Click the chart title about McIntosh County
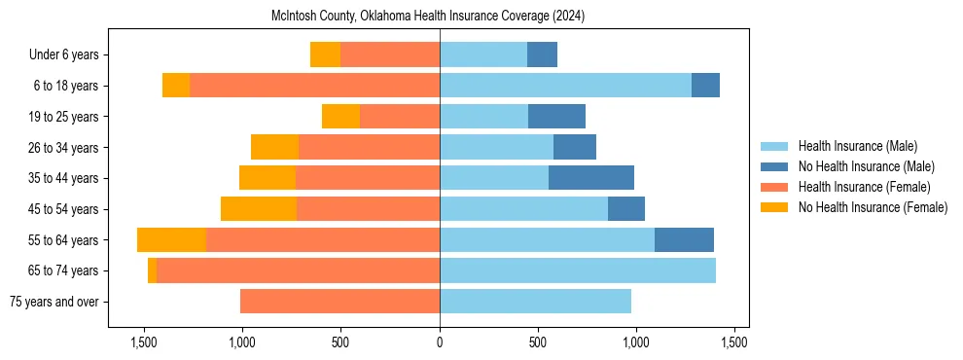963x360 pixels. pyautogui.click(x=427, y=17)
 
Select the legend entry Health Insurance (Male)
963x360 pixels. pyautogui.click(x=857, y=146)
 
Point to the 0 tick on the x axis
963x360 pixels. pyautogui.click(x=440, y=342)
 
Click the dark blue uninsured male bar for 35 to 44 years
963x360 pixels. pyautogui.click(x=591, y=178)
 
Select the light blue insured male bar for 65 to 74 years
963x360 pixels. pyautogui.click(x=578, y=270)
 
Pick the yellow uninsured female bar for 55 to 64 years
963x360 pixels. pyautogui.click(x=171, y=240)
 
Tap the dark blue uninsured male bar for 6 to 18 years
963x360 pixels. pyautogui.click(x=705, y=86)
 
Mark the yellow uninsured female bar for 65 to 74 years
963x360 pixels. pyautogui.click(x=152, y=270)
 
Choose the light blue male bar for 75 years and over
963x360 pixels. pyautogui.click(x=535, y=302)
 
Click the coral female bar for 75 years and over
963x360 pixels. pyautogui.click(x=339, y=302)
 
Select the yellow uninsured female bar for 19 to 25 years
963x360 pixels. pyautogui.click(x=340, y=117)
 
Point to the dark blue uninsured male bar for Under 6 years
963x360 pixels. pyautogui.click(x=542, y=55)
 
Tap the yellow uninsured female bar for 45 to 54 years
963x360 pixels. pyautogui.click(x=259, y=209)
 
